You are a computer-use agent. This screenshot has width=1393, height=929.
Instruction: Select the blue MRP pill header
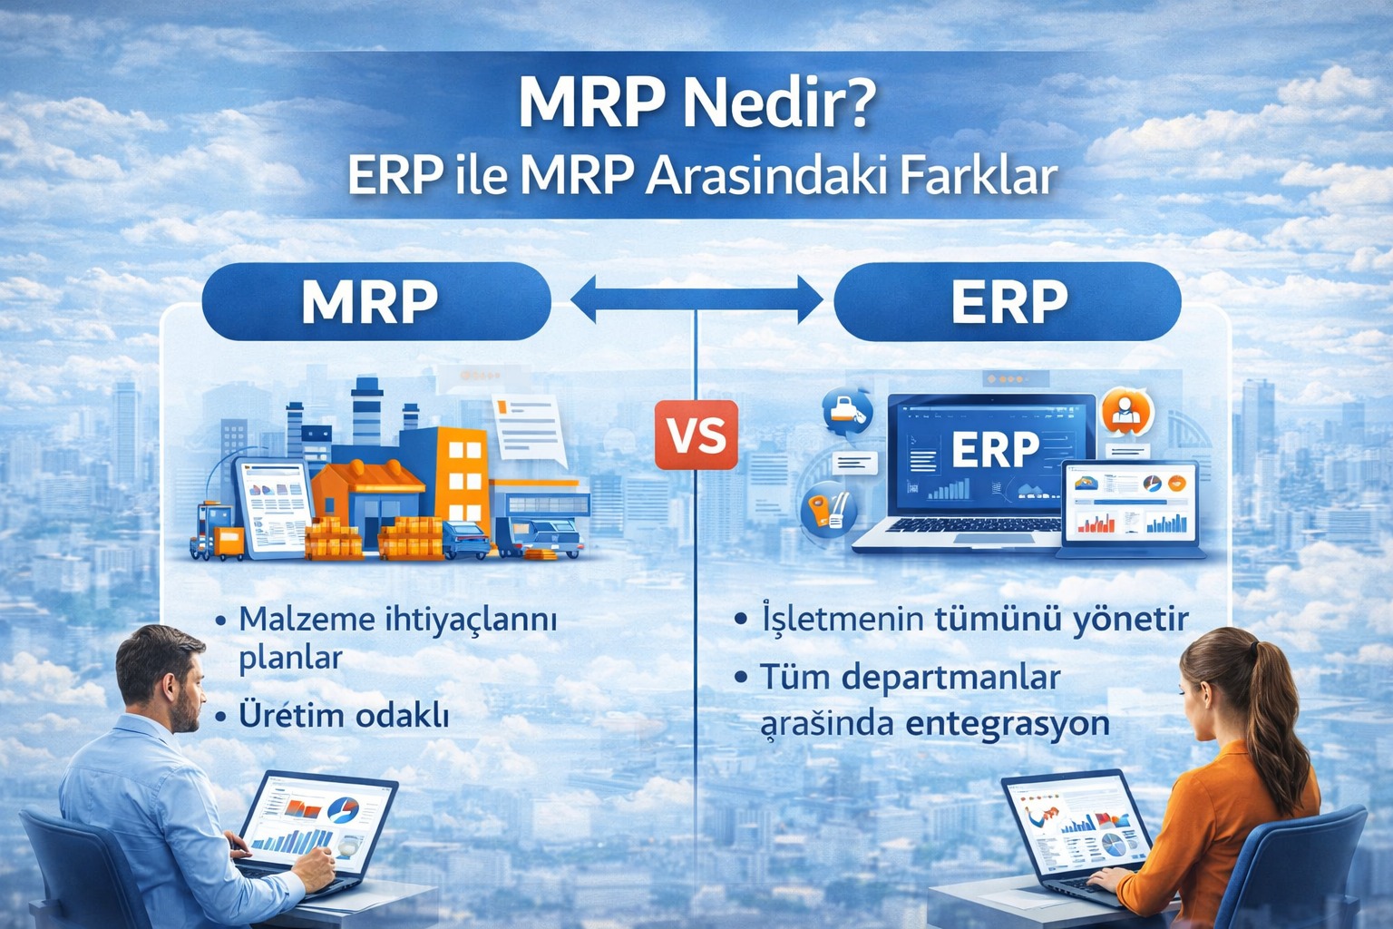click(376, 301)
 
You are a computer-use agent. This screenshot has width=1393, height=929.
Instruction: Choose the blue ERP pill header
click(1008, 301)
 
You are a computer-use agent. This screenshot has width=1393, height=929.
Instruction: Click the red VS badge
click(696, 435)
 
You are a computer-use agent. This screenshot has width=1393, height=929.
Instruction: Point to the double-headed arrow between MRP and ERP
click(696, 299)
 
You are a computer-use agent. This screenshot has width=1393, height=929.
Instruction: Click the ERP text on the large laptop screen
click(995, 449)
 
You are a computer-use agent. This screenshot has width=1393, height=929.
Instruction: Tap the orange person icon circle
click(1127, 411)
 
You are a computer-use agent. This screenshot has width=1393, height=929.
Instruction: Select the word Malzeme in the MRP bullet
click(307, 619)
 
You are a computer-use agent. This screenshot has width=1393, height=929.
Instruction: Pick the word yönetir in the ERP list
click(1130, 620)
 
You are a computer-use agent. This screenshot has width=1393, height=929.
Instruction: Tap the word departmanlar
click(953, 678)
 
